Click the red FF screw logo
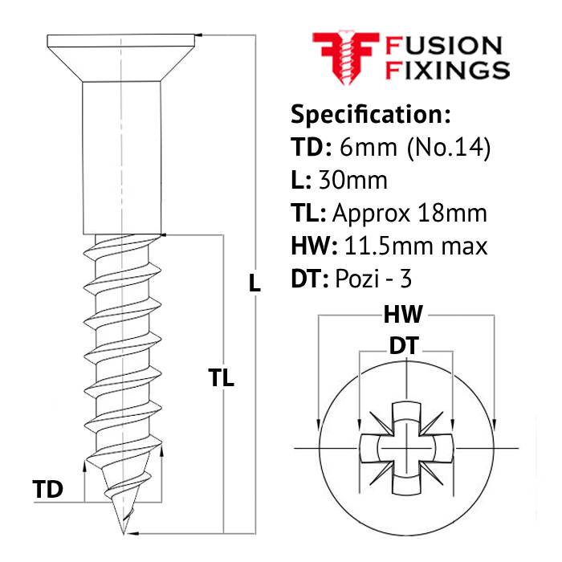[x=346, y=58]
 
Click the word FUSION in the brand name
[x=443, y=47]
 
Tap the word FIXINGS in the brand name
[x=447, y=70]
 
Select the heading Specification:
[x=371, y=115]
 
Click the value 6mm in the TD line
[x=368, y=147]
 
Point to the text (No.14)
[x=448, y=148]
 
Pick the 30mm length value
[x=353, y=181]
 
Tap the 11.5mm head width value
[x=391, y=246]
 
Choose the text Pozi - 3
[x=373, y=279]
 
